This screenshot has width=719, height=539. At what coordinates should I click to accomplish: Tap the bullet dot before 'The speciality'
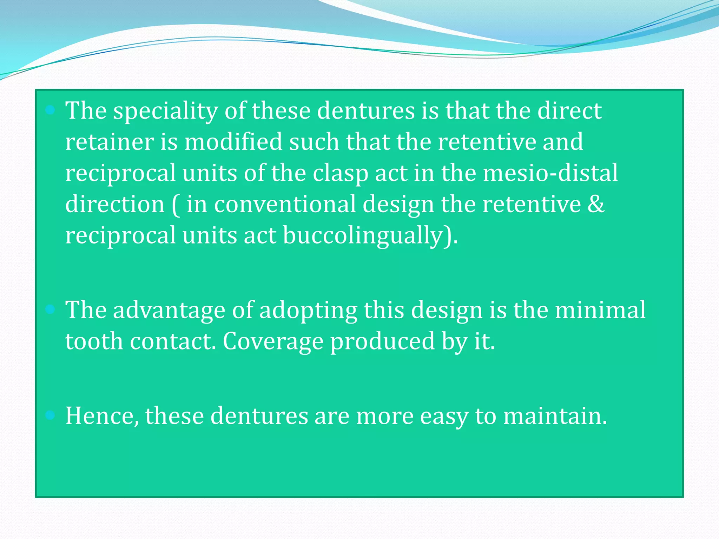coord(51,110)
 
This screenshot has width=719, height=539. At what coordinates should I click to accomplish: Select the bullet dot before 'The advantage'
coord(51,309)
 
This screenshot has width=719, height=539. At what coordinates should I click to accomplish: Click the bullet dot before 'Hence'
coord(51,415)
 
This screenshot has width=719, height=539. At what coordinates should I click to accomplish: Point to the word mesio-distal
coord(550,173)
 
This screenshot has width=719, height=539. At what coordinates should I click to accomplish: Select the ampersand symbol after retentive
coord(596,204)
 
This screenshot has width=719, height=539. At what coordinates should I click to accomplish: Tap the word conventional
coord(285,204)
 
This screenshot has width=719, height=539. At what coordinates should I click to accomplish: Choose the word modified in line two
coord(233,142)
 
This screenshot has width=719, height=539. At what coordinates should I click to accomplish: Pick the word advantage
coord(169,311)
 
